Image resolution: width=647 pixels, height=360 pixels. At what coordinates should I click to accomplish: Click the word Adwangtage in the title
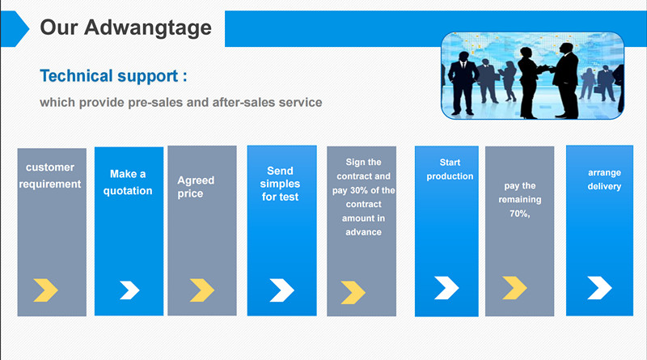point(148,28)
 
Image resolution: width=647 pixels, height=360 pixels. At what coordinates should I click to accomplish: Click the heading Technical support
point(113,76)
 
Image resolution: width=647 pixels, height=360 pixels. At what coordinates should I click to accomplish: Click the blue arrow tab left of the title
point(15,29)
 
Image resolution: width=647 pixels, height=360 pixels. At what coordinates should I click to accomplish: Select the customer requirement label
point(50,176)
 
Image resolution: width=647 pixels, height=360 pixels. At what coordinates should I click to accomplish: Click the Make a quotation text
point(128,183)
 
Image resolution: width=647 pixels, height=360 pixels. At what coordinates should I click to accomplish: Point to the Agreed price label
point(196,187)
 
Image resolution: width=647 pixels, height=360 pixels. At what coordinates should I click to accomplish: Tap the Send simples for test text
point(280,184)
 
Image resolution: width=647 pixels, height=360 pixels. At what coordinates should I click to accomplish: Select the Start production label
point(450,169)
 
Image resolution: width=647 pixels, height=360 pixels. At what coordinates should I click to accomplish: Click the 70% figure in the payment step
point(519,214)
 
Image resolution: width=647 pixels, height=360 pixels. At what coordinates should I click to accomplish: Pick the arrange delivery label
point(604,180)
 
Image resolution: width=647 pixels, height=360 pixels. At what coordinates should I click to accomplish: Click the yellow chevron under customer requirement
point(45,290)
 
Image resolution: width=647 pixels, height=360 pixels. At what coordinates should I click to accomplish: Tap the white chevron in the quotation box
point(129,290)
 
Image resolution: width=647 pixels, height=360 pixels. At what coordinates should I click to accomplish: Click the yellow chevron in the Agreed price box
point(201,290)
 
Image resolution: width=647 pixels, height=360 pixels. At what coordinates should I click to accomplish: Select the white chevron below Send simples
point(281,290)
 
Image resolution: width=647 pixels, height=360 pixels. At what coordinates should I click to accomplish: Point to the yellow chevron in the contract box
point(353,292)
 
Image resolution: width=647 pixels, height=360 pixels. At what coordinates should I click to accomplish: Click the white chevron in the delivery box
point(599,288)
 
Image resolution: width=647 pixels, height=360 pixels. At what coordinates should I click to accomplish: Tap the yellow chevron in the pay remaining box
point(514,288)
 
